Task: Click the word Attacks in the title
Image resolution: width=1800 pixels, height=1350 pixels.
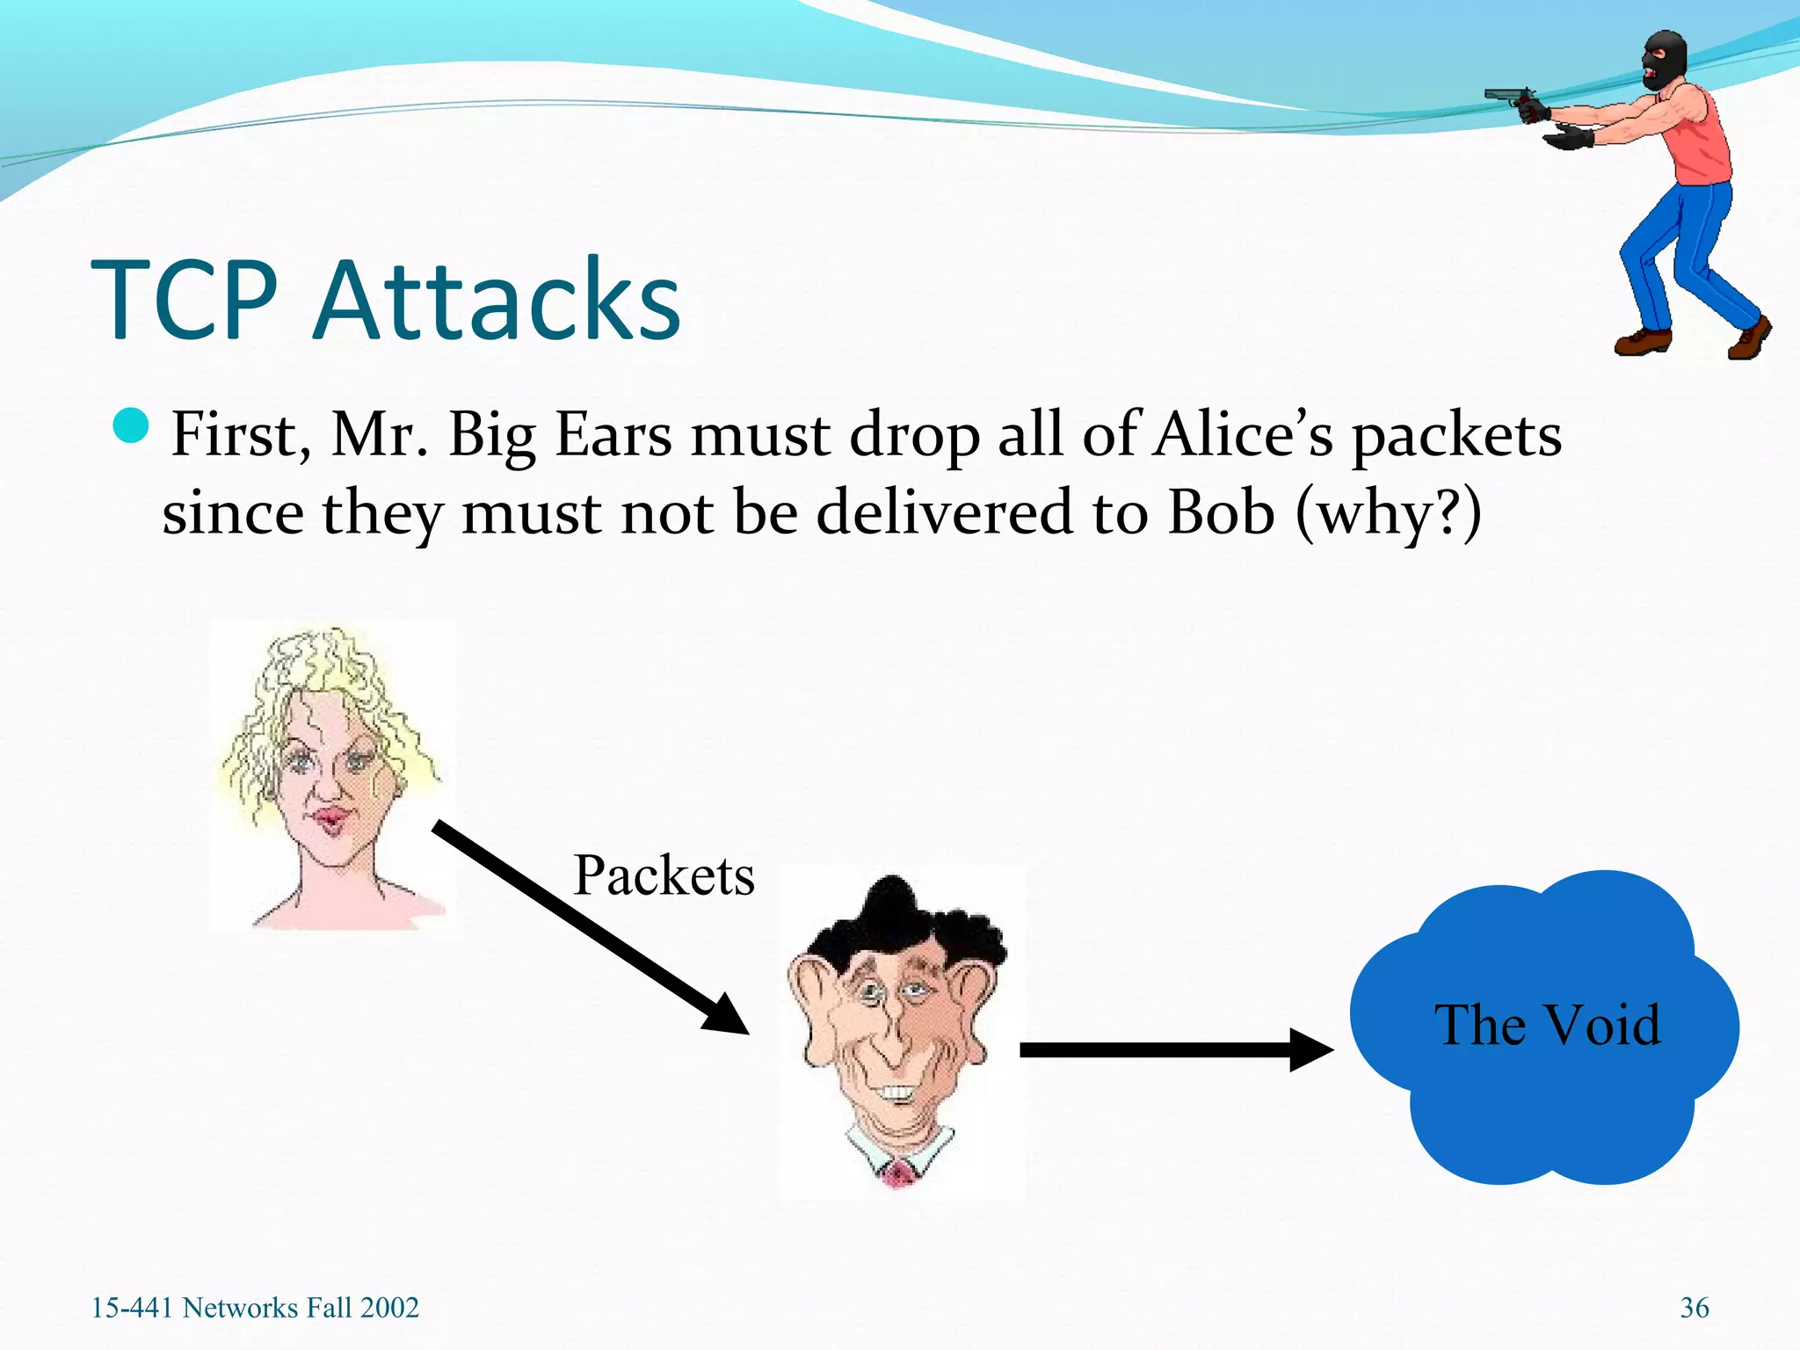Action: [497, 301]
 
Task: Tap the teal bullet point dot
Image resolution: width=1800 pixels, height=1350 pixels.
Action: [132, 426]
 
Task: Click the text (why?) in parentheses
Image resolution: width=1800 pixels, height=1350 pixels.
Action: [1389, 514]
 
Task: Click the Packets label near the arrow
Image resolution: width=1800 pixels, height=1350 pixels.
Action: [664, 876]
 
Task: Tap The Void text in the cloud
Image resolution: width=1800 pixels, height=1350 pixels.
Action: [1548, 1025]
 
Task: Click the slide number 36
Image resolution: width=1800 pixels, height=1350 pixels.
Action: [1694, 1308]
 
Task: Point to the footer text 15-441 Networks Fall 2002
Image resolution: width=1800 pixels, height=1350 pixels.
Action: [255, 1308]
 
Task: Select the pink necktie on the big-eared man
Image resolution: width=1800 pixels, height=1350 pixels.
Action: [897, 1172]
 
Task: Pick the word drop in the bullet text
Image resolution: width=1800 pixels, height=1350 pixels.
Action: [913, 437]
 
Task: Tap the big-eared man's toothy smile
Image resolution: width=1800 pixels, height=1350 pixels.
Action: [897, 1093]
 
